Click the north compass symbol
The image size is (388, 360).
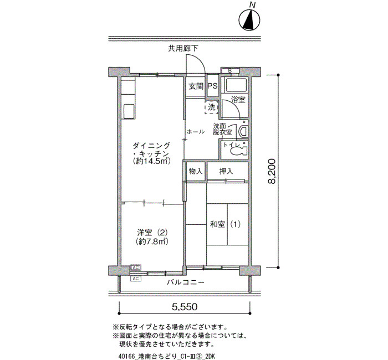[249, 20]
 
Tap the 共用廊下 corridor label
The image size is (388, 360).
[183, 49]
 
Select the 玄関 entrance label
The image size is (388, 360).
[196, 86]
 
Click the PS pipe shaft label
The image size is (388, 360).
[212, 86]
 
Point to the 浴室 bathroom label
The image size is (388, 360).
[238, 100]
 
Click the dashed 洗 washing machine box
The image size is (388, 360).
[212, 107]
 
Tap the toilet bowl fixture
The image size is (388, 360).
[239, 150]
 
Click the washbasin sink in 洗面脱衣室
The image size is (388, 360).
[243, 131]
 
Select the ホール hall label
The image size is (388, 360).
[196, 132]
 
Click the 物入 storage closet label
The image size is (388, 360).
[196, 171]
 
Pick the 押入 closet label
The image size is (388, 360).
[226, 171]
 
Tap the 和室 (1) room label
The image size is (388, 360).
[225, 224]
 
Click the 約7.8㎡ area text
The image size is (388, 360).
[152, 241]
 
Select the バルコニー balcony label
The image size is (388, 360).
[186, 282]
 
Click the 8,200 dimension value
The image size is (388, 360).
[272, 171]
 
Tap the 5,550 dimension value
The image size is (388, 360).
[185, 307]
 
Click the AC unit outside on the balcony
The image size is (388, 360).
[136, 279]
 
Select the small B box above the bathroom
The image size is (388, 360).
[230, 71]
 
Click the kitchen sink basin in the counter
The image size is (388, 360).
[129, 111]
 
